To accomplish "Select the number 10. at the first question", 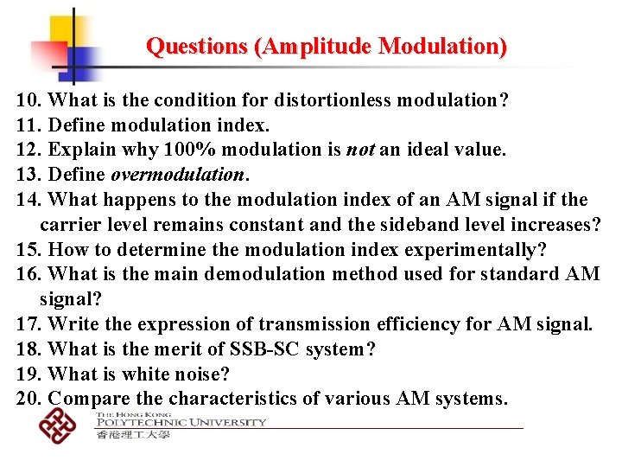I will click(30, 100).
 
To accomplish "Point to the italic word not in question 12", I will click(359, 150).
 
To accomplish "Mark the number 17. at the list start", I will click(30, 325).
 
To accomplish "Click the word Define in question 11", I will click(78, 125).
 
